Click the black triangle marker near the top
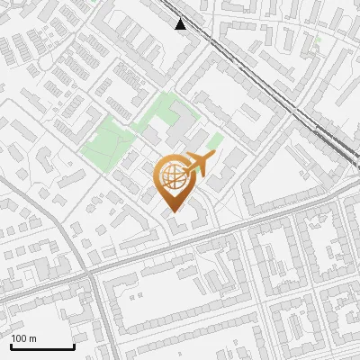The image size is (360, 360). (x=181, y=24)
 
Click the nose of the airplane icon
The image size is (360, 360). (x=214, y=157)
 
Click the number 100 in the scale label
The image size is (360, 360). (x=20, y=338)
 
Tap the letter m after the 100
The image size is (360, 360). (x=33, y=338)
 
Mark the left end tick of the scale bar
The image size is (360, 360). (x=11, y=346)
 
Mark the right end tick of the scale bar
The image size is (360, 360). (x=74, y=346)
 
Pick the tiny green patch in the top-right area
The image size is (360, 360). (x=319, y=39)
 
